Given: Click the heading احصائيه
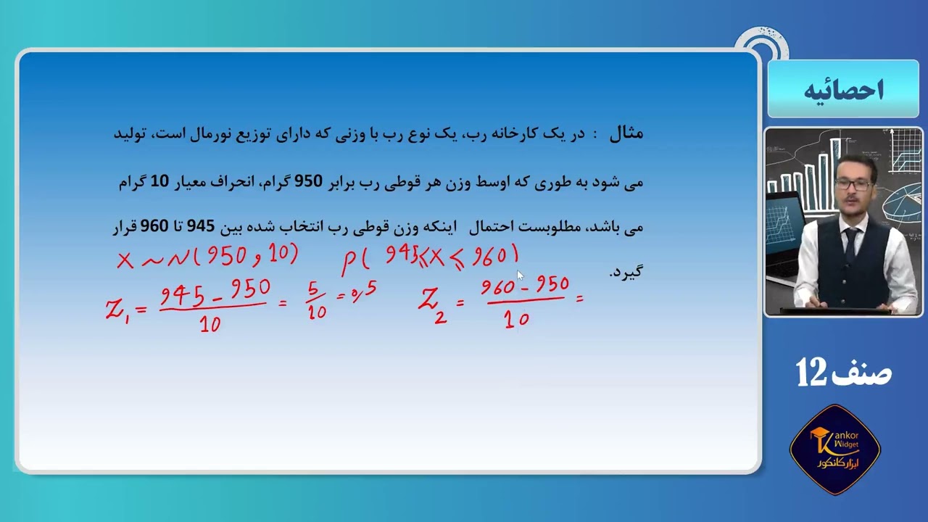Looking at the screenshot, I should point(843,91).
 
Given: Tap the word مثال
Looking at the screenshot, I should point(626,134).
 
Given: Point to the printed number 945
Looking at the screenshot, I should point(201,226).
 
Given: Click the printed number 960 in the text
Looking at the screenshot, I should point(154,226).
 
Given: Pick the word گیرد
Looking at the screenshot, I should point(626,272).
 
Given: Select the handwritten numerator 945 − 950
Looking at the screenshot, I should point(215,292).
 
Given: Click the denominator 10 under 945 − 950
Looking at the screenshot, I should point(210,324).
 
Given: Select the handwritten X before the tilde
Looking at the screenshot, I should point(125,260).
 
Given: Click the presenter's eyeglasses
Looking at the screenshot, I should point(853,185).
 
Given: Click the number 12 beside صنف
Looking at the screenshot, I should point(811,372).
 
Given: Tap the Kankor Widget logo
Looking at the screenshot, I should point(834,449).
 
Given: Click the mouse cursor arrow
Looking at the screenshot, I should point(519,275).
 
